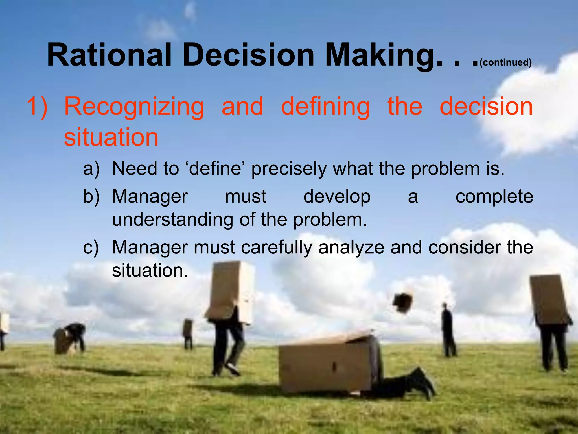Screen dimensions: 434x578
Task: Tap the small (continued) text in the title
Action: [505, 62]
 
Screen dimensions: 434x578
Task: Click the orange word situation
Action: [111, 137]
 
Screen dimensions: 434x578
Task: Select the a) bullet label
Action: [91, 169]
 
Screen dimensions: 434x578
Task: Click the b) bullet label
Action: [91, 196]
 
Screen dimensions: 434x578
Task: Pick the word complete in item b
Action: [494, 196]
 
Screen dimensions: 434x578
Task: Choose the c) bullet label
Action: [91, 247]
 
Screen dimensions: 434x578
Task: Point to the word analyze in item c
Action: [351, 247]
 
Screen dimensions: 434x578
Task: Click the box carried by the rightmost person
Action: [549, 300]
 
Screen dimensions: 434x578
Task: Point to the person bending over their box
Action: [72, 338]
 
